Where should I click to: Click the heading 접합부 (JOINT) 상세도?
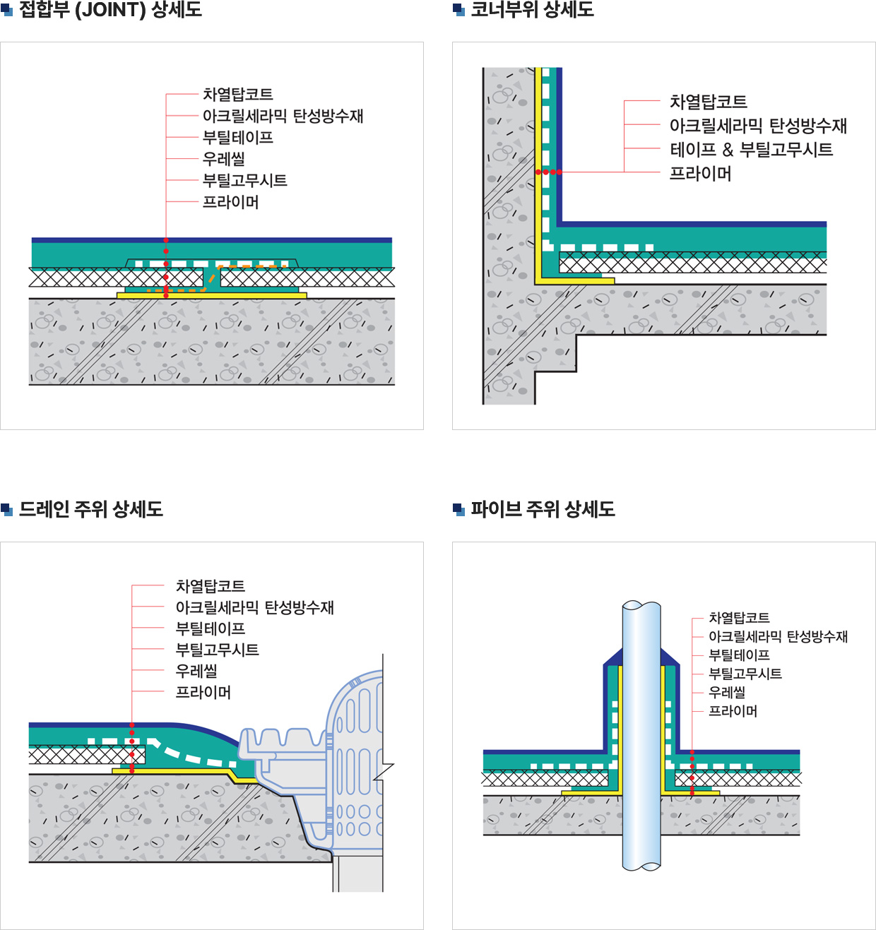110,10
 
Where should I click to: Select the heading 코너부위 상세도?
532,10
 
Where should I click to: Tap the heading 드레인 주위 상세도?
91,509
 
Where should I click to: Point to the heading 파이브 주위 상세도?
543,509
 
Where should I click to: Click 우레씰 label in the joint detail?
223,159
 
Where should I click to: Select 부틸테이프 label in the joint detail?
237,138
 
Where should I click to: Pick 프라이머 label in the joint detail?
230,202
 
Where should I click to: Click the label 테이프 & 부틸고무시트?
751,150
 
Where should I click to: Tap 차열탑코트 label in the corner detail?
708,102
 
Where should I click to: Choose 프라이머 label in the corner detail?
700,174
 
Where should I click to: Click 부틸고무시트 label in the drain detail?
217,650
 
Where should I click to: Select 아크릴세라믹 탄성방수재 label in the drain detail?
254,607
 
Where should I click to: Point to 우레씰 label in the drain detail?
196,671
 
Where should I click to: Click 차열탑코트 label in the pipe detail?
739,618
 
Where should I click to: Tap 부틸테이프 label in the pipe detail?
739,655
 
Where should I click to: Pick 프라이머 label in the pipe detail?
733,711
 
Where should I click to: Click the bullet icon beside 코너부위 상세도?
458,10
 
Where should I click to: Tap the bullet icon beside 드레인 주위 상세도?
7,509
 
